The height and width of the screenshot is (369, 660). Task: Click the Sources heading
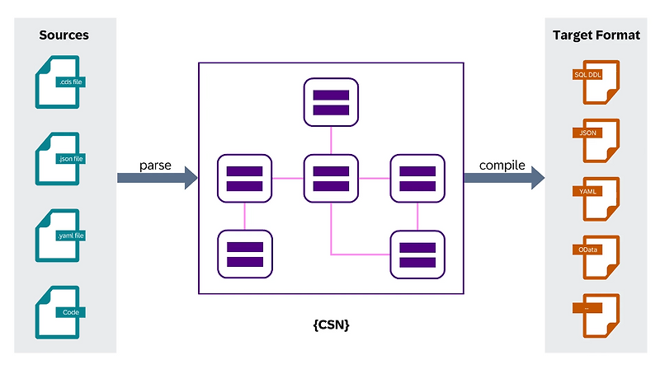click(64, 35)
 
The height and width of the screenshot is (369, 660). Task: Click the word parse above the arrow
click(156, 165)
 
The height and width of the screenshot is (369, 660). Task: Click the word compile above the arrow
click(502, 165)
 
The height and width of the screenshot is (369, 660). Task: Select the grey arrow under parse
click(157, 177)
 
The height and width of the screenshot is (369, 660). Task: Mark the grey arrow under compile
click(503, 177)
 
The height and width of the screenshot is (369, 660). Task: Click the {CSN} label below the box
click(331, 325)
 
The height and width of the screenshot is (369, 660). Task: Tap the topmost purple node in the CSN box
click(331, 102)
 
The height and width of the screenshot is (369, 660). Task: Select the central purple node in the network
click(331, 178)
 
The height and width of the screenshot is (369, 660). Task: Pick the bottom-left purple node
click(244, 254)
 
